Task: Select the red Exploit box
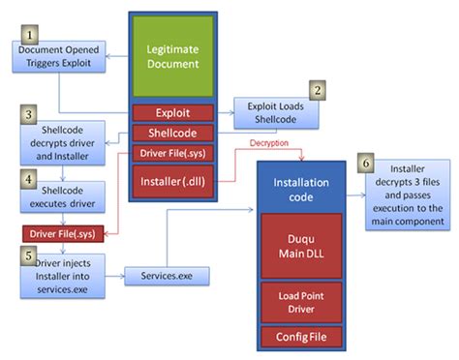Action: [173, 113]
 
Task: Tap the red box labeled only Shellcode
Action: [173, 132]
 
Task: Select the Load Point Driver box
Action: [301, 300]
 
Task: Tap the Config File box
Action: [301, 338]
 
